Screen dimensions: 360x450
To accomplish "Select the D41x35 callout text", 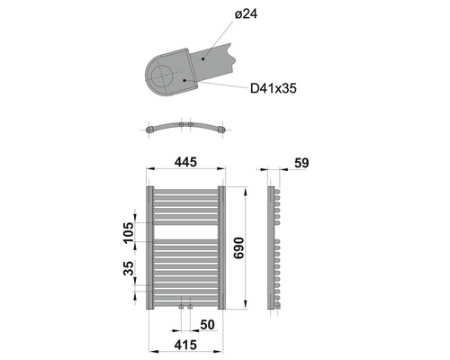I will pos(274,88).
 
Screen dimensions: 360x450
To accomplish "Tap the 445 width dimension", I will pos(184,162).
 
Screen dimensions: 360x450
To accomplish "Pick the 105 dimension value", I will pos(127,236).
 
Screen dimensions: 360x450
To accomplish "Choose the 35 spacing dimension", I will pos(127,268).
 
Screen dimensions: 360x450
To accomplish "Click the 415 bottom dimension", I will pos(184,345).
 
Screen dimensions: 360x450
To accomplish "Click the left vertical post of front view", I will pos(148,248).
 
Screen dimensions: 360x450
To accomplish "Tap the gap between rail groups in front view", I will pos(184,231).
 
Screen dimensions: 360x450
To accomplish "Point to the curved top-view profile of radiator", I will pos(184,123).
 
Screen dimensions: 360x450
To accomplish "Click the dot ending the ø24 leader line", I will pos(203,55).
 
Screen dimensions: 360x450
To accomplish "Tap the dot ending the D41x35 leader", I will pos(184,79).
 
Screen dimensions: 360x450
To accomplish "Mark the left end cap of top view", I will pos(149,130).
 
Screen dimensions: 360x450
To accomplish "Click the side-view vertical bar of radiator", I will pos(270,248).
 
